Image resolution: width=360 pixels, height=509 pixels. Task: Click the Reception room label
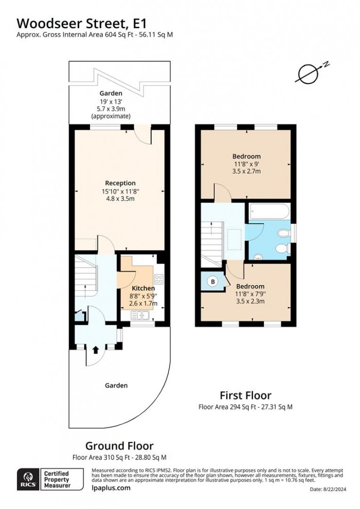coord(120,183)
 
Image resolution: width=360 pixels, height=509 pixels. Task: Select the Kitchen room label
coord(143,288)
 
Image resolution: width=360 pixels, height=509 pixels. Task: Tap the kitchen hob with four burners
coord(159,280)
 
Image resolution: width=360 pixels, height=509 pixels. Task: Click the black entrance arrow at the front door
coord(95,350)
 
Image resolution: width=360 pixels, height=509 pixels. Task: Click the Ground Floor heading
coord(119,446)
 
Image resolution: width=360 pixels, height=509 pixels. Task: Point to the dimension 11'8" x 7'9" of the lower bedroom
coord(250,294)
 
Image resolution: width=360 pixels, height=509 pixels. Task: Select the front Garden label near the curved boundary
coord(116,385)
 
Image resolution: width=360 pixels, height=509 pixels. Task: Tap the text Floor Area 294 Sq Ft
coord(226,407)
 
